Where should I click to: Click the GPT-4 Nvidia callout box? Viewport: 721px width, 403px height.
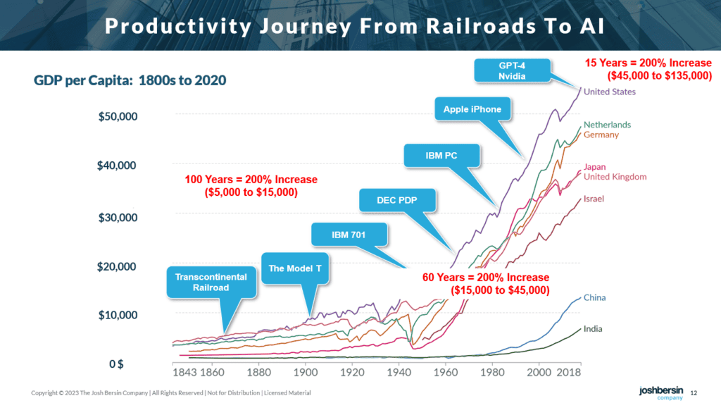coord(513,70)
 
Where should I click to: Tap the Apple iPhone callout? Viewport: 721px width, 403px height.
coord(472,109)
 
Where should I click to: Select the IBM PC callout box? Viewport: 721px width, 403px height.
coord(441,156)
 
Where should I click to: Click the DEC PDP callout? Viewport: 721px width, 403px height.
coord(397,200)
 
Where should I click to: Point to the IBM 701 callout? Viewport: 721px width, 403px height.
coord(349,235)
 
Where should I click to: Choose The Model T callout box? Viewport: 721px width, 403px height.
coord(295,268)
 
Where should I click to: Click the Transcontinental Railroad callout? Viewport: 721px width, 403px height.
coord(211,282)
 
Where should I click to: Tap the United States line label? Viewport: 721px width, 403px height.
coord(609,92)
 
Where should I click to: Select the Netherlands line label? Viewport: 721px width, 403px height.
coord(607,125)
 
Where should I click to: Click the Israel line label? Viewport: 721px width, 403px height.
coord(594,199)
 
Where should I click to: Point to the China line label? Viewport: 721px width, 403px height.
coord(594,297)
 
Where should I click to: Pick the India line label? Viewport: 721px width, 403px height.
coord(593,329)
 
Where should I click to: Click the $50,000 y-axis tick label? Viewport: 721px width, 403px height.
coord(118,116)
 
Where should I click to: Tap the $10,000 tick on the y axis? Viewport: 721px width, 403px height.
coord(118,315)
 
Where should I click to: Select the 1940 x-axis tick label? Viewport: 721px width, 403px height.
coord(399,372)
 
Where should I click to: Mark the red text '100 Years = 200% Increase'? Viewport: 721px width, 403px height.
coord(251,180)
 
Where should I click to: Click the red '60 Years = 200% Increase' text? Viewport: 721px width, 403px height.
coord(486,278)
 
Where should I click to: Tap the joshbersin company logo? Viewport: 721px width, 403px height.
coord(661,392)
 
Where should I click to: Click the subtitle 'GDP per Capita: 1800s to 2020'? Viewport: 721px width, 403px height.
coord(130,80)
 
